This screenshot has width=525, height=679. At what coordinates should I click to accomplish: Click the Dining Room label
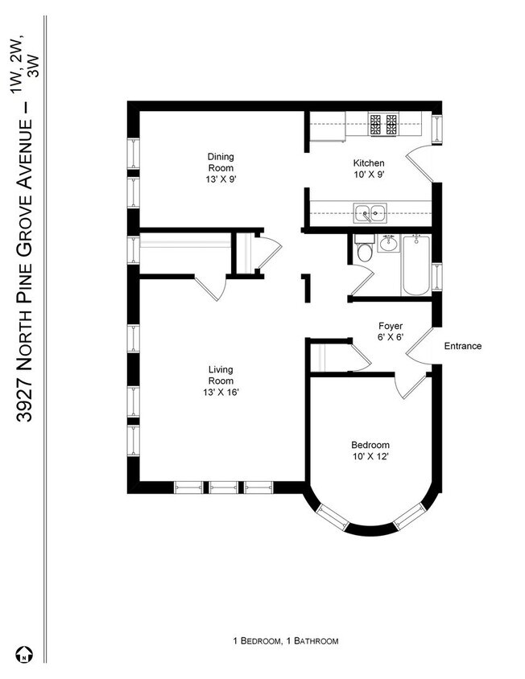221,167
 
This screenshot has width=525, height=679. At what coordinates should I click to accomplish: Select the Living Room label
221,381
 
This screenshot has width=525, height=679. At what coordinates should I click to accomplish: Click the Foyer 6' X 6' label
391,332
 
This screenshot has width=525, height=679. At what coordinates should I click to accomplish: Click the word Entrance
463,347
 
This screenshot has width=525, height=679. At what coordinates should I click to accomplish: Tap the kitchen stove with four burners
383,125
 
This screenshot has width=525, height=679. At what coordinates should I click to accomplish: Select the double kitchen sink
371,214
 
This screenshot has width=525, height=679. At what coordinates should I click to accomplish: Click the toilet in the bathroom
364,252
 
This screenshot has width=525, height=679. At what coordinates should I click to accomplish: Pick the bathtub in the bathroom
416,265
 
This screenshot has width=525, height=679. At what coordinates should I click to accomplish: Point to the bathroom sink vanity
389,243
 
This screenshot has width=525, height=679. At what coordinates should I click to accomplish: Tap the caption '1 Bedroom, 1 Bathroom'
286,641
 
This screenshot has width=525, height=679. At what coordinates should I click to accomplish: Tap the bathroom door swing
362,282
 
